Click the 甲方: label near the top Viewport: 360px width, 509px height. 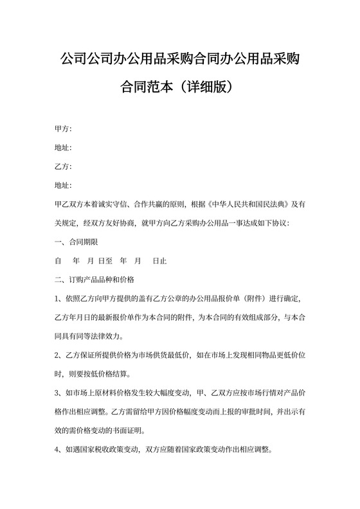(63, 129)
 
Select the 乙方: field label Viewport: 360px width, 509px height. (63, 166)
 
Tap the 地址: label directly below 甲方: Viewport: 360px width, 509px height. (63, 148)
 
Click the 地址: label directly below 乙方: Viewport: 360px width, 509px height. (63, 186)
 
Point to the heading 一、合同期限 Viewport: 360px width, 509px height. (76, 242)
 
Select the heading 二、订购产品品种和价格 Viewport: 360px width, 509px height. (94, 280)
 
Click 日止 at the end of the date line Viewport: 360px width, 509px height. (159, 262)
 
